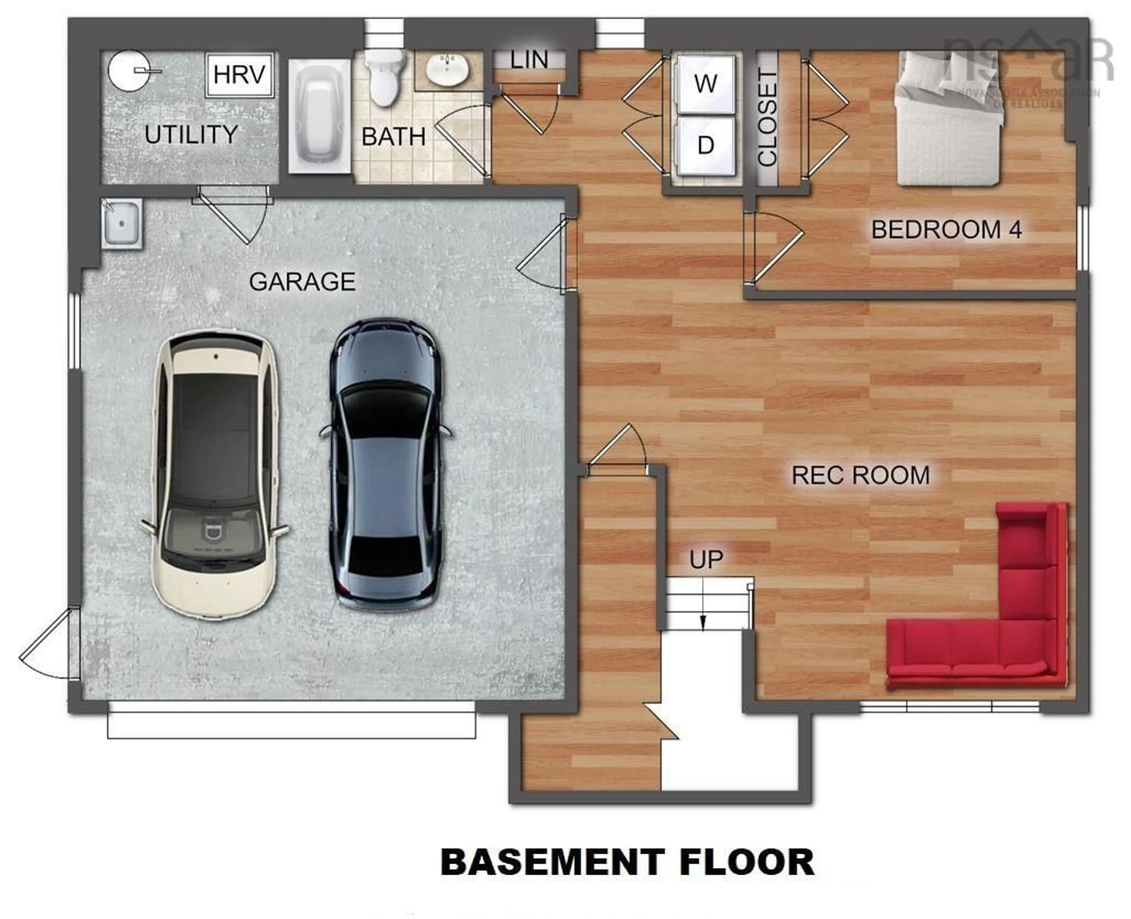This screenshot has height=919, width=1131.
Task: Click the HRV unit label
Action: coord(239,75)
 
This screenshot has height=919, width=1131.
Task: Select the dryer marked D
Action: coord(706,144)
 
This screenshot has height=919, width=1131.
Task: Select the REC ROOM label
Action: coord(860,475)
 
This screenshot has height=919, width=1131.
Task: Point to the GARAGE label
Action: coord(302,282)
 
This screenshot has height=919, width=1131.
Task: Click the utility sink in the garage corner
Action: coord(122,223)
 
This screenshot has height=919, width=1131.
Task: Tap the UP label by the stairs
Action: coord(706,559)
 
